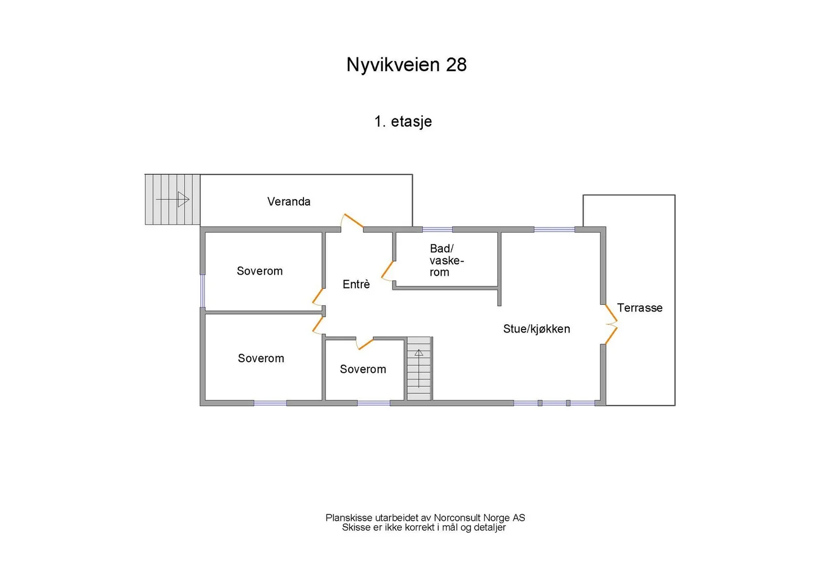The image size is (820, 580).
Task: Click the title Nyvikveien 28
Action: tap(406, 65)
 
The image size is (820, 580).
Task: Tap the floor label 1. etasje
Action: tap(403, 121)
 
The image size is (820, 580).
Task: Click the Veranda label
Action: tap(289, 201)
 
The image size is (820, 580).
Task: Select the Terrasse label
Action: tap(640, 308)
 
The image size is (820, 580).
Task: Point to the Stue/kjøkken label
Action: tap(536, 328)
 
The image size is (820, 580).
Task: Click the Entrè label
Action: tap(356, 284)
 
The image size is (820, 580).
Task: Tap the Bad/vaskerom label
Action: tap(446, 260)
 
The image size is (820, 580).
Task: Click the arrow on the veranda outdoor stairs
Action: tap(173, 199)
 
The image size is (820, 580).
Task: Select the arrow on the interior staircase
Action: tap(419, 368)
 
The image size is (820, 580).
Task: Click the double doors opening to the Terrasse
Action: tap(611, 324)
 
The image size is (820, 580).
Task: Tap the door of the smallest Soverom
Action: tap(365, 344)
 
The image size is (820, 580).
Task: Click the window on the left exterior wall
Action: tap(202, 291)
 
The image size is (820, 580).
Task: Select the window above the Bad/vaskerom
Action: tap(438, 230)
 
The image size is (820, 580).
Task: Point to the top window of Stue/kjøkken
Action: tap(554, 230)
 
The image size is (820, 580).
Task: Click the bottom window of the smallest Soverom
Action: tap(374, 403)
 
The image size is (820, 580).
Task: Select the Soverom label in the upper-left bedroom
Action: tap(259, 271)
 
